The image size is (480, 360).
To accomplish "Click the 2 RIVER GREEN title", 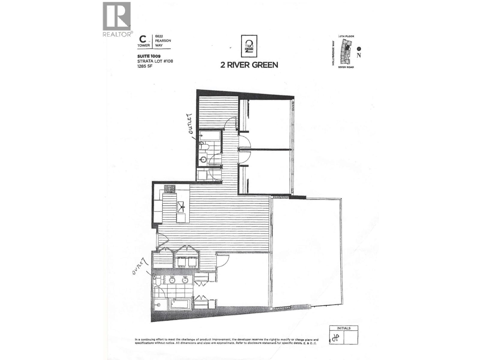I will coord(249,65).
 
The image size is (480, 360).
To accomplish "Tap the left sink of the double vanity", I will coord(172,280).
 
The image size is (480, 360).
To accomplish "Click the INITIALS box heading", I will coord(343,328).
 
